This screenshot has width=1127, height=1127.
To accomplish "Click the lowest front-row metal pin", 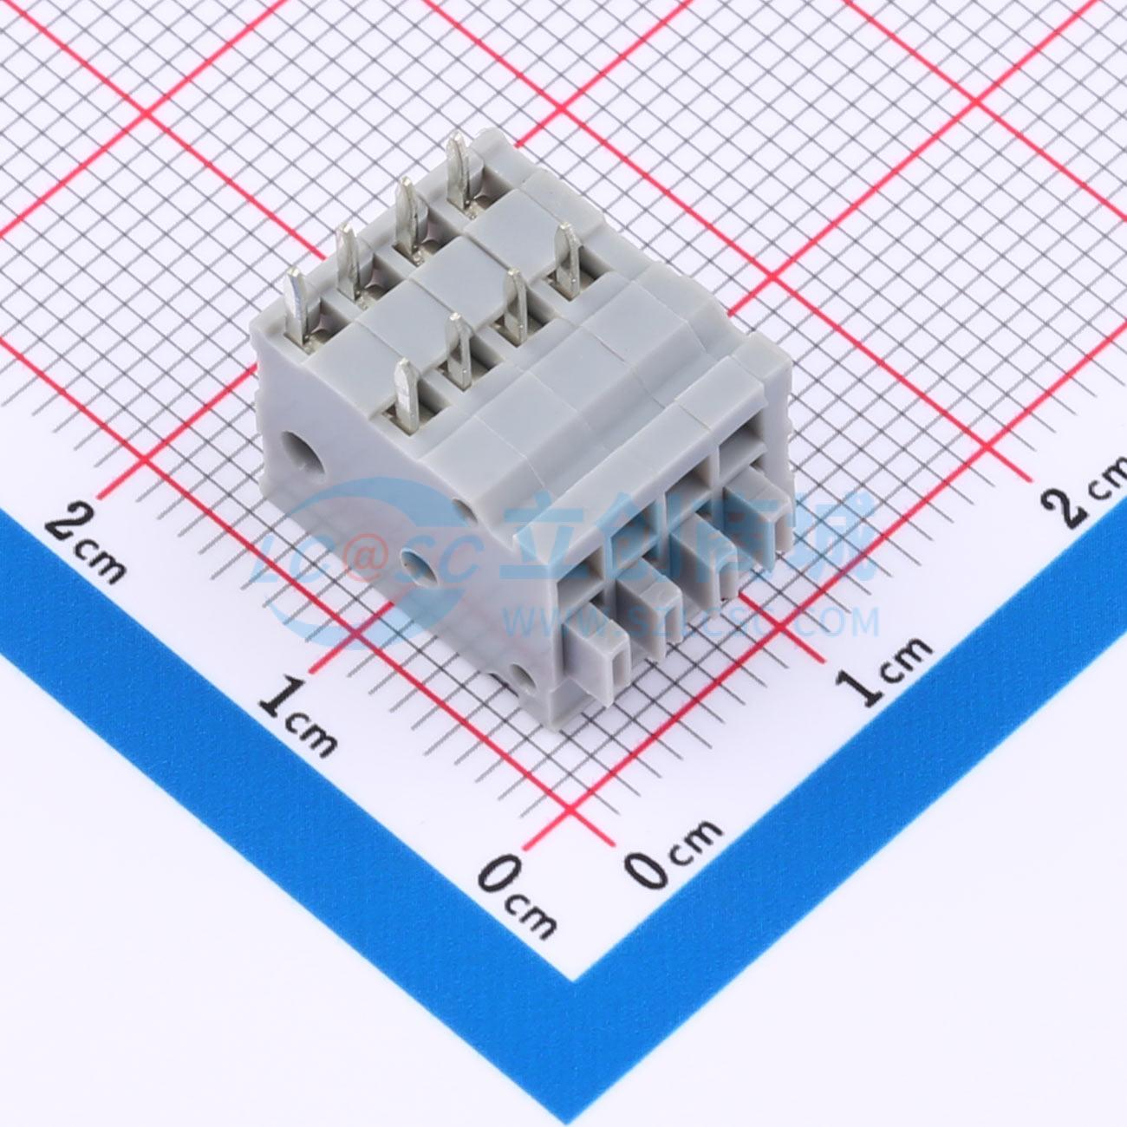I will click(x=407, y=394).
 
